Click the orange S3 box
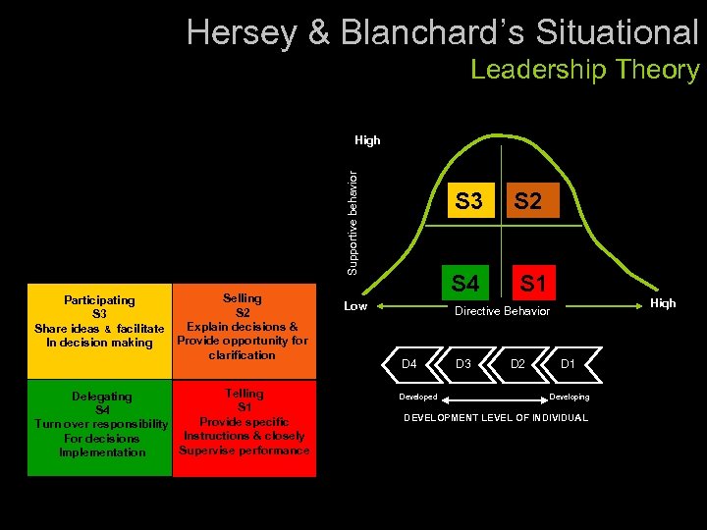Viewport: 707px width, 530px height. point(468,201)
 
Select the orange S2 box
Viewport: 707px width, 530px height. point(527,201)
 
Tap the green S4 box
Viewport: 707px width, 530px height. point(465,284)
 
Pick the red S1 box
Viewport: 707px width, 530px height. point(533,284)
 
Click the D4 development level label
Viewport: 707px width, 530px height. point(409,365)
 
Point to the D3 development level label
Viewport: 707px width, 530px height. point(464,365)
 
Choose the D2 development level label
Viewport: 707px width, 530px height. point(518,365)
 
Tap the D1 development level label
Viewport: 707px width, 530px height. point(568,365)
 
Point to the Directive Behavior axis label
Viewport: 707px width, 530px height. point(501,311)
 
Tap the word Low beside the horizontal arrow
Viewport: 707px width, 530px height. point(355,306)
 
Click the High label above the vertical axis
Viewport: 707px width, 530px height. point(367,140)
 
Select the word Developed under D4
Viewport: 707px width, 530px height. point(418,397)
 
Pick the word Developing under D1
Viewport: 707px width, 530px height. point(570,397)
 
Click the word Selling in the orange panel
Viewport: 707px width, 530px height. point(243,298)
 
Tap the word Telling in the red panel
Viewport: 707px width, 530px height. point(244,394)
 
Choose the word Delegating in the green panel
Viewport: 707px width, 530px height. point(102,397)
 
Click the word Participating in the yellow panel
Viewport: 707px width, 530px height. point(99,300)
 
